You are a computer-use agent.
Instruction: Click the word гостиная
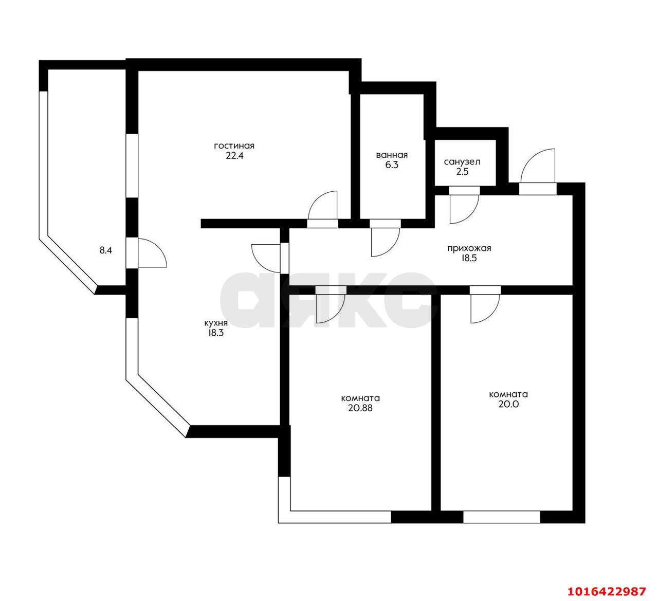pos(234,145)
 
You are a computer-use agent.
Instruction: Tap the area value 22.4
pos(234,155)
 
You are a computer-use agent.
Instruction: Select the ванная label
pos(392,155)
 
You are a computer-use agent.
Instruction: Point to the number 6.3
pos(392,165)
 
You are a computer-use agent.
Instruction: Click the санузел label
pos(462,162)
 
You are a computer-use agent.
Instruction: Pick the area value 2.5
pos(462,172)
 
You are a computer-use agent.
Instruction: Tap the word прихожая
pos(469,248)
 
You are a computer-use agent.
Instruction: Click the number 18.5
pos(469,258)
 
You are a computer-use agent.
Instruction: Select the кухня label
pos(216,323)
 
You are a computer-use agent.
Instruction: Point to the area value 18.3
pos(215,333)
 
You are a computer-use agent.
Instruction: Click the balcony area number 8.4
pos(105,251)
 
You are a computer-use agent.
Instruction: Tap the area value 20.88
pos(360,408)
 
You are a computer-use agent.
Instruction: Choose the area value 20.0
pos(508,404)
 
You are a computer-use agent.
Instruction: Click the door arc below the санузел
pos(470,216)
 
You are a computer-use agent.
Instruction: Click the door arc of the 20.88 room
pos(336,315)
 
